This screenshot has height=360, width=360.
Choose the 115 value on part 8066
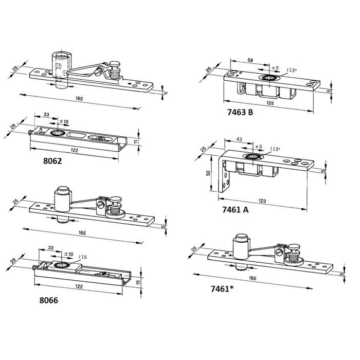tap(82, 257)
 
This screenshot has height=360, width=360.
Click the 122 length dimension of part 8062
tap(76, 151)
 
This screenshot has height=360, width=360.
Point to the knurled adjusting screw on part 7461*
tap(295, 255)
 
